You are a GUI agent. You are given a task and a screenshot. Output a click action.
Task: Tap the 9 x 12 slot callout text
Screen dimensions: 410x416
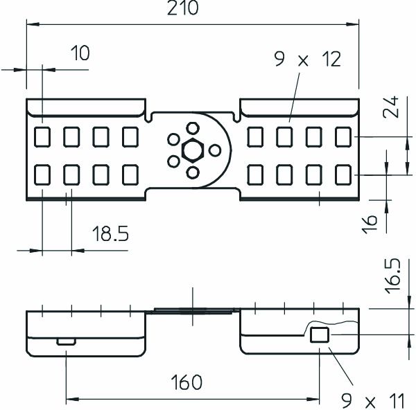(x=308, y=60)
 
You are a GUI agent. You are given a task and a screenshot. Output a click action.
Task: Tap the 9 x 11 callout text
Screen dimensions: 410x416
(x=374, y=400)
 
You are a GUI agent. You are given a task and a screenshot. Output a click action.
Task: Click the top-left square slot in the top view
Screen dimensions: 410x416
(x=42, y=136)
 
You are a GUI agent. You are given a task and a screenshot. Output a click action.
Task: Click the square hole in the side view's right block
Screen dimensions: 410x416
(x=319, y=336)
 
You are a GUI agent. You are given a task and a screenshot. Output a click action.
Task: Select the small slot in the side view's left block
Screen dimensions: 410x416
(x=66, y=341)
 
